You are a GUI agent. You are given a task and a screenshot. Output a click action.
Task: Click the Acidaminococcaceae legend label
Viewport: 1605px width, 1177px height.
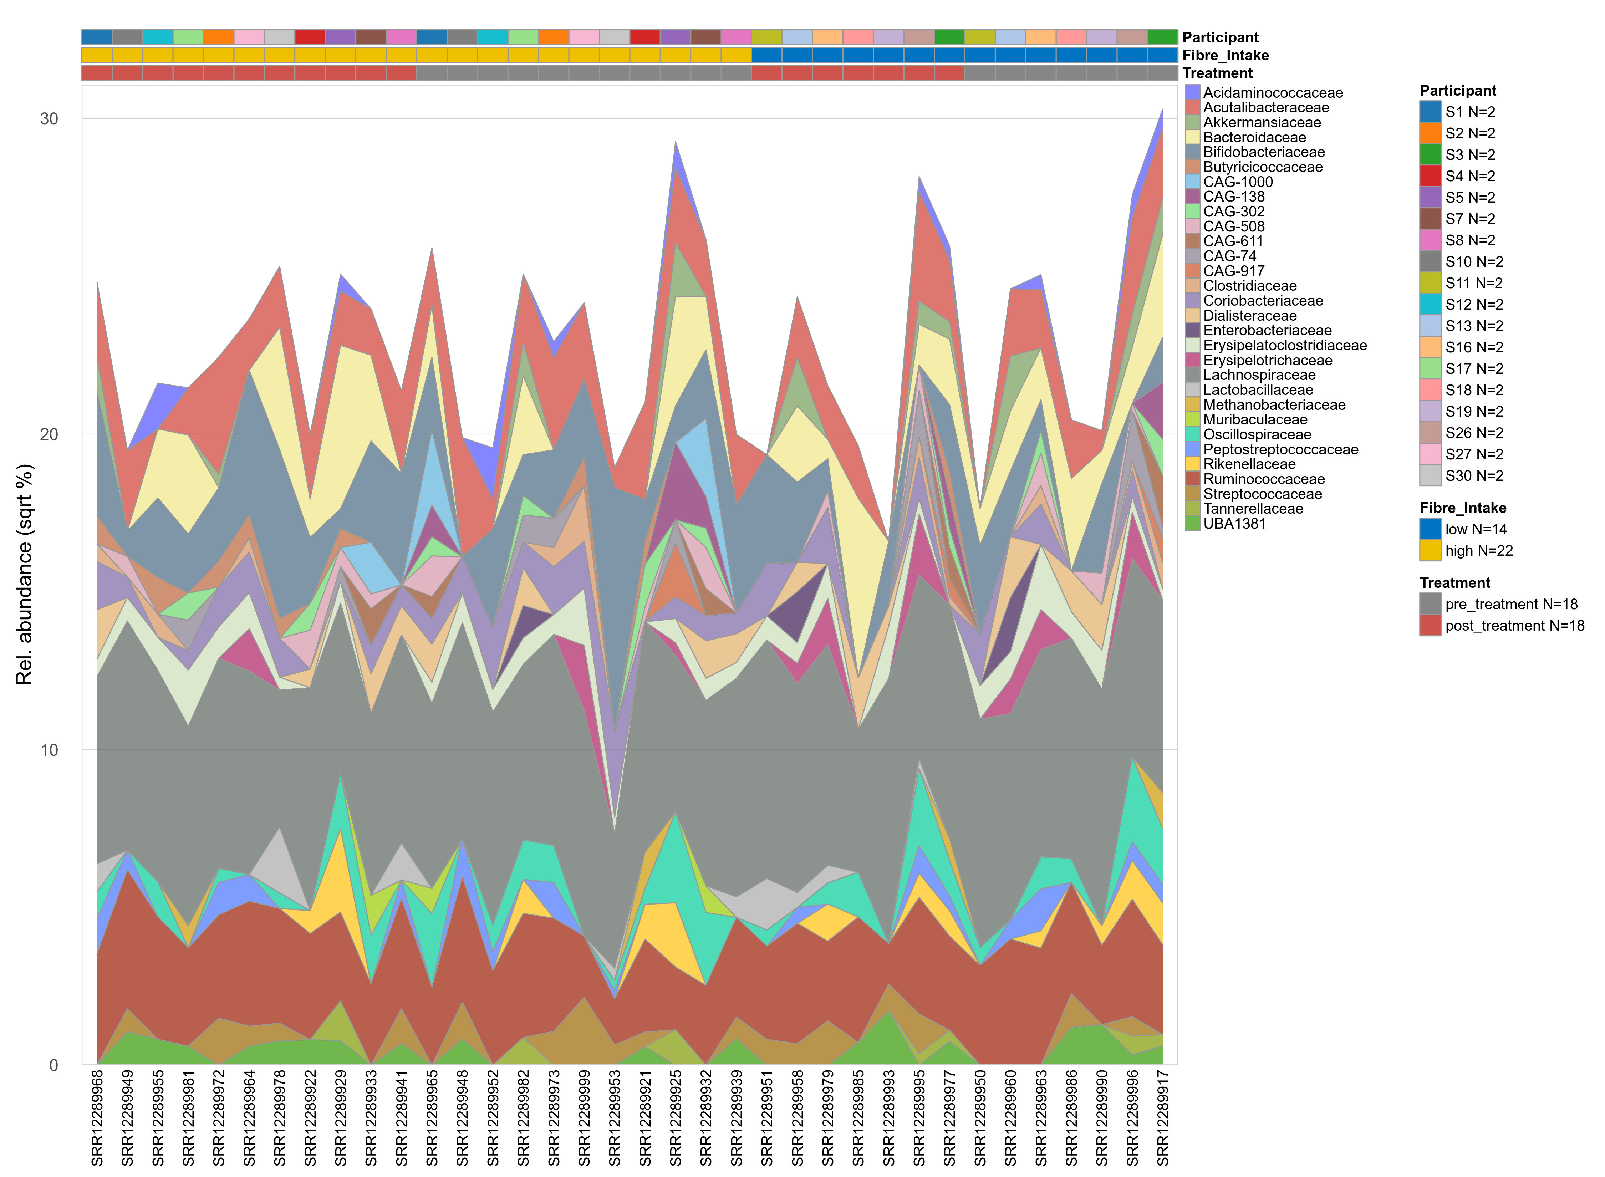pyautogui.click(x=1272, y=93)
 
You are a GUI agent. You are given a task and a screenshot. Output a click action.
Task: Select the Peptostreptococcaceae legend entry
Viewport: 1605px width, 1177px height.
pyautogui.click(x=1280, y=449)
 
